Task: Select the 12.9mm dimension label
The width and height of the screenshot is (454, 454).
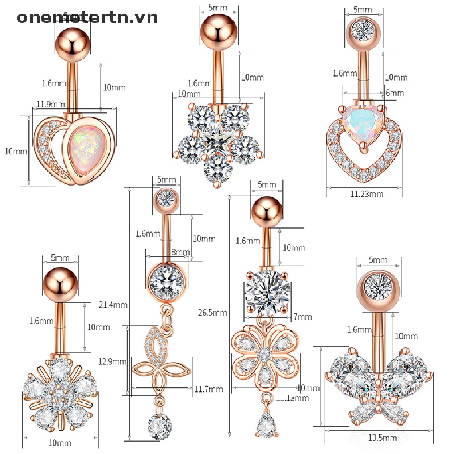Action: (113, 361)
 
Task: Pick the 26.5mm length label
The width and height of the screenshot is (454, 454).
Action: (212, 313)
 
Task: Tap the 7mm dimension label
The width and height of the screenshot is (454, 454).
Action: (303, 317)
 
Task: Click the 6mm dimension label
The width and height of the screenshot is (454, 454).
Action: (394, 93)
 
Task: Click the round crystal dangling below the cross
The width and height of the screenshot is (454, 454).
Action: (160, 426)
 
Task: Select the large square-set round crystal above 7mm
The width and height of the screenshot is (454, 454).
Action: (266, 293)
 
